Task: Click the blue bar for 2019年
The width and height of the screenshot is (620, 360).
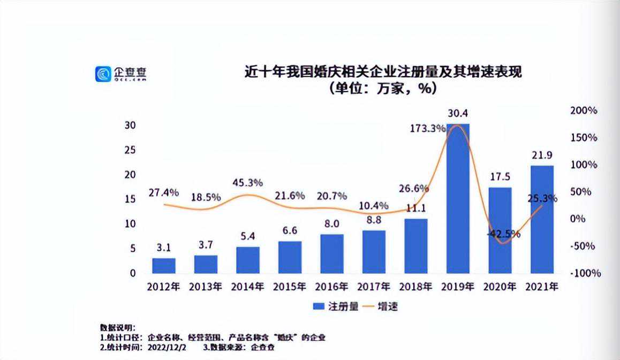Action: (x=458, y=198)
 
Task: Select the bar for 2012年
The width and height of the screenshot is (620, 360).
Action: (x=164, y=266)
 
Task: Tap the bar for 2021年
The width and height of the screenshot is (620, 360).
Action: (x=542, y=219)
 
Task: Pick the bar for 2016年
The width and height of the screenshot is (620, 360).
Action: (x=332, y=254)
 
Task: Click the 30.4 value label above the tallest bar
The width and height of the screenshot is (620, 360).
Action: (x=458, y=114)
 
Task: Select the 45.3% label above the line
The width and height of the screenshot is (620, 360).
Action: (x=247, y=183)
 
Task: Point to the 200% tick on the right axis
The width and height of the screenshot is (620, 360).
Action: (x=584, y=110)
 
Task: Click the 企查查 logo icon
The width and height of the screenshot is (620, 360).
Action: (x=103, y=74)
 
